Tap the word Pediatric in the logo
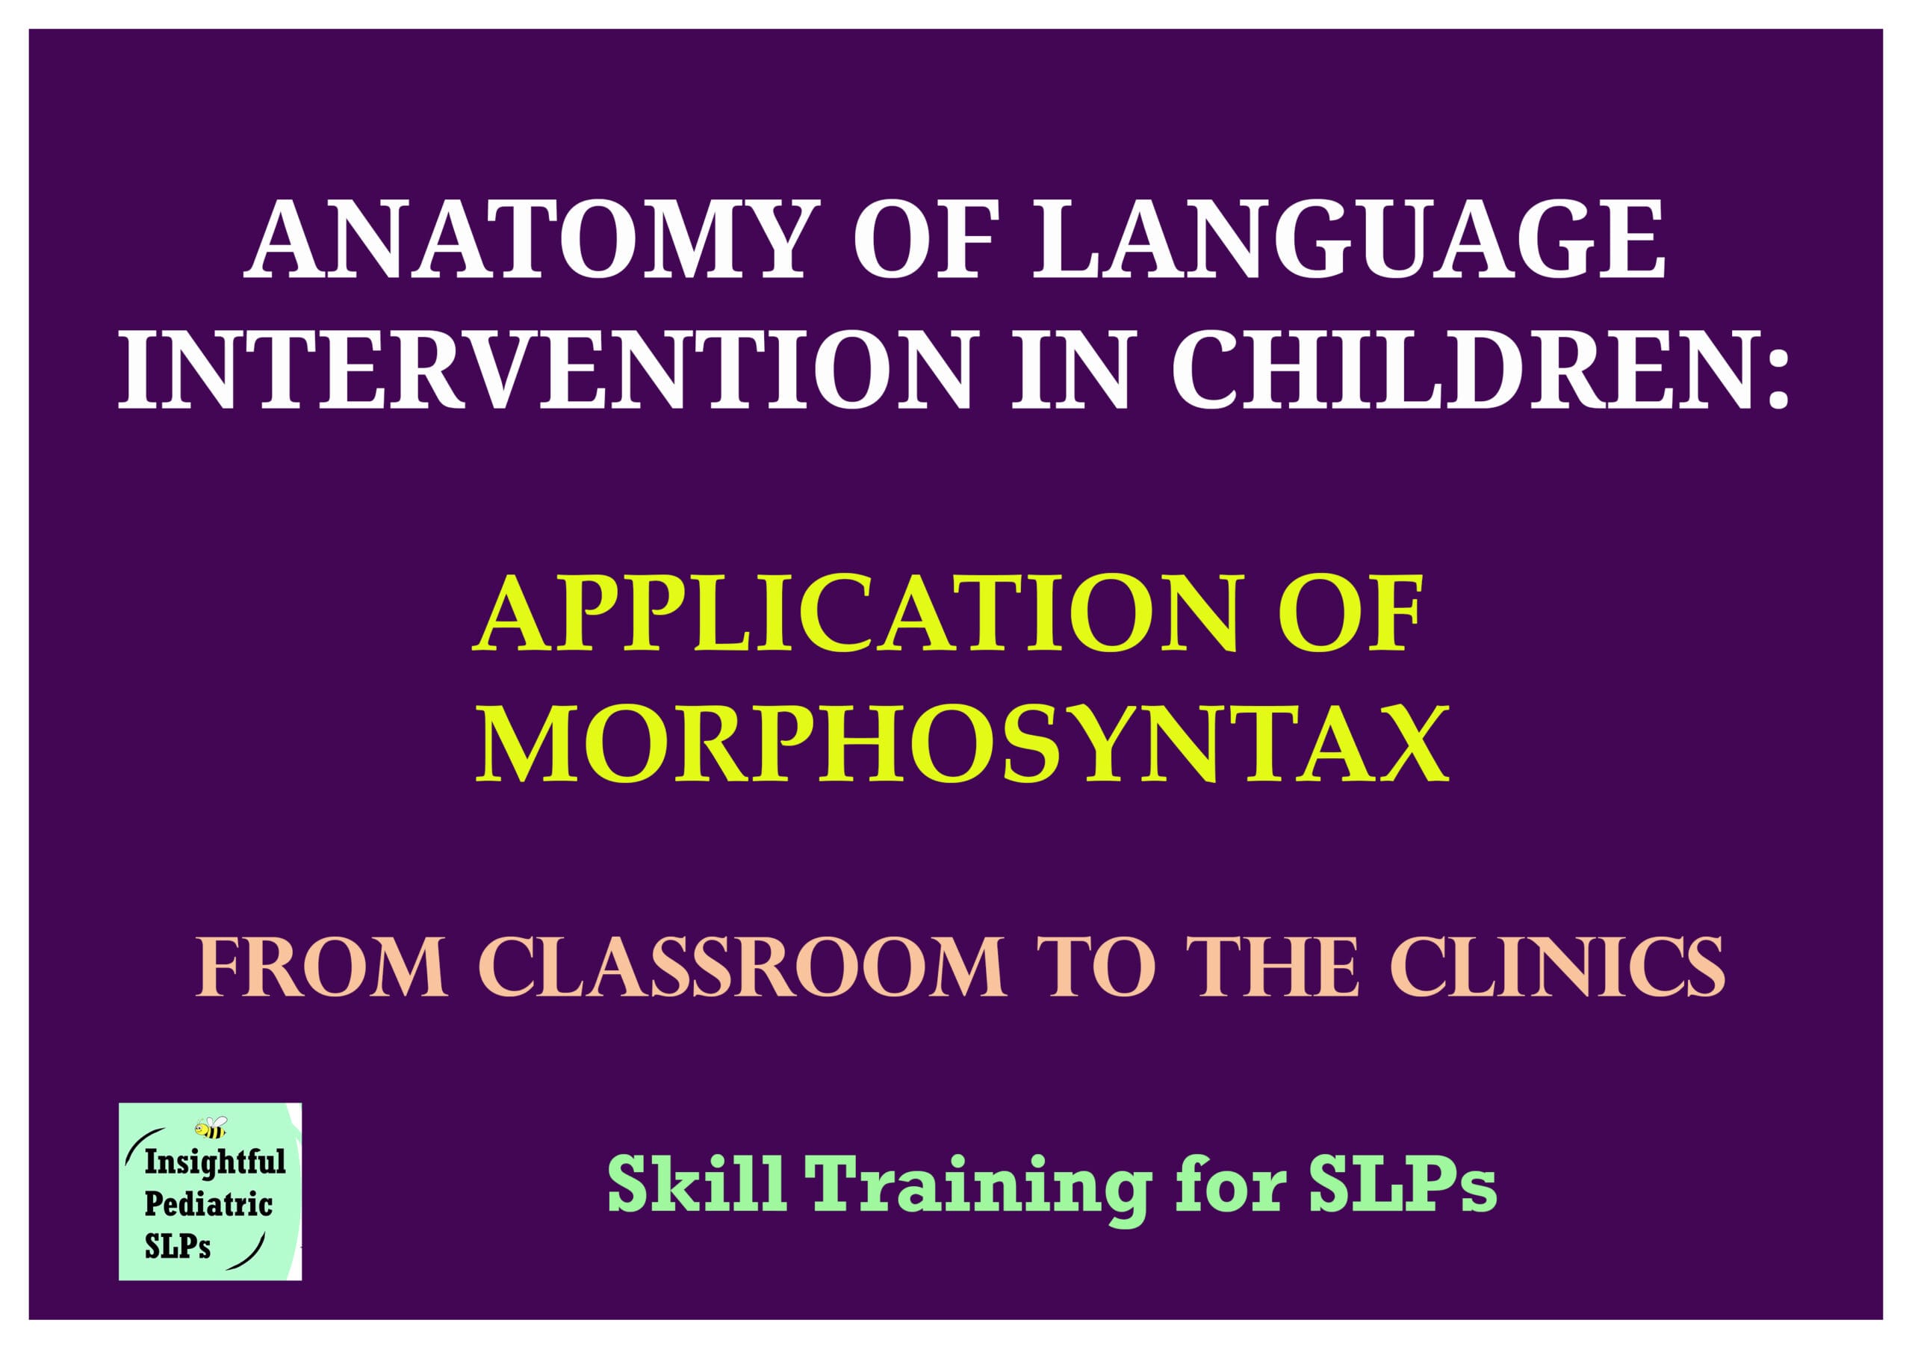point(208,1205)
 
